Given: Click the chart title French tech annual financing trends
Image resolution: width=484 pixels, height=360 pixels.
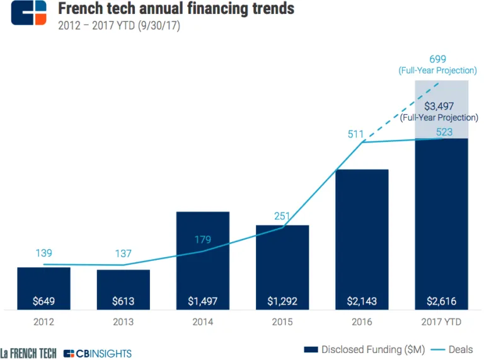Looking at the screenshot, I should pos(176,9).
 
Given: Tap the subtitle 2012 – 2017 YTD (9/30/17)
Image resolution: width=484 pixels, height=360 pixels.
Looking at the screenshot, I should pos(119,27).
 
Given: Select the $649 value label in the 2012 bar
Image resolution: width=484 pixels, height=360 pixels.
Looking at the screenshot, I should pos(43,301).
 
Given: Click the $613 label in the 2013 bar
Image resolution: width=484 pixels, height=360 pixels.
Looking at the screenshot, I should pos(123,301).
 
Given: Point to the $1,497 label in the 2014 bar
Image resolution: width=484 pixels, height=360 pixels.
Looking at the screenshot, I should pos(202,301).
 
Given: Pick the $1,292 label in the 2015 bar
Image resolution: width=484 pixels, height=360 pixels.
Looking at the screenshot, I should pos(282,301).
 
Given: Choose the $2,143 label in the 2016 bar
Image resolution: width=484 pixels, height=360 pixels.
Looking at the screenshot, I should pos(362,301).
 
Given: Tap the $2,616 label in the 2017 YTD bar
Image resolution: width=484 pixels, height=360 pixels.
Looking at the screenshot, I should pos(441,301).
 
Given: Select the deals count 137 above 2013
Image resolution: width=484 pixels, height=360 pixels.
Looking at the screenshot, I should pos(123,253).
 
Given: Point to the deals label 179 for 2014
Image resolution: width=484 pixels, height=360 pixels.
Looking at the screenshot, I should pos(203,240).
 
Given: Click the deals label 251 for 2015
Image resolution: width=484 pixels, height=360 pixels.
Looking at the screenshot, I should pos(282,216).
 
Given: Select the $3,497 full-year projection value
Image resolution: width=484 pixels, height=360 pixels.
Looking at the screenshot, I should pos(439,105).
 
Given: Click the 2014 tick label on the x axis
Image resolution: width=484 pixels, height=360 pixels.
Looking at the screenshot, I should pos(202,322).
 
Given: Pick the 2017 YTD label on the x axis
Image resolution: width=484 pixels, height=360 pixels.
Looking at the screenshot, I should pos(441,322).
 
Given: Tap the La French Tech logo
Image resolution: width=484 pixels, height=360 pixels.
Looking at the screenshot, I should pos(28,353).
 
